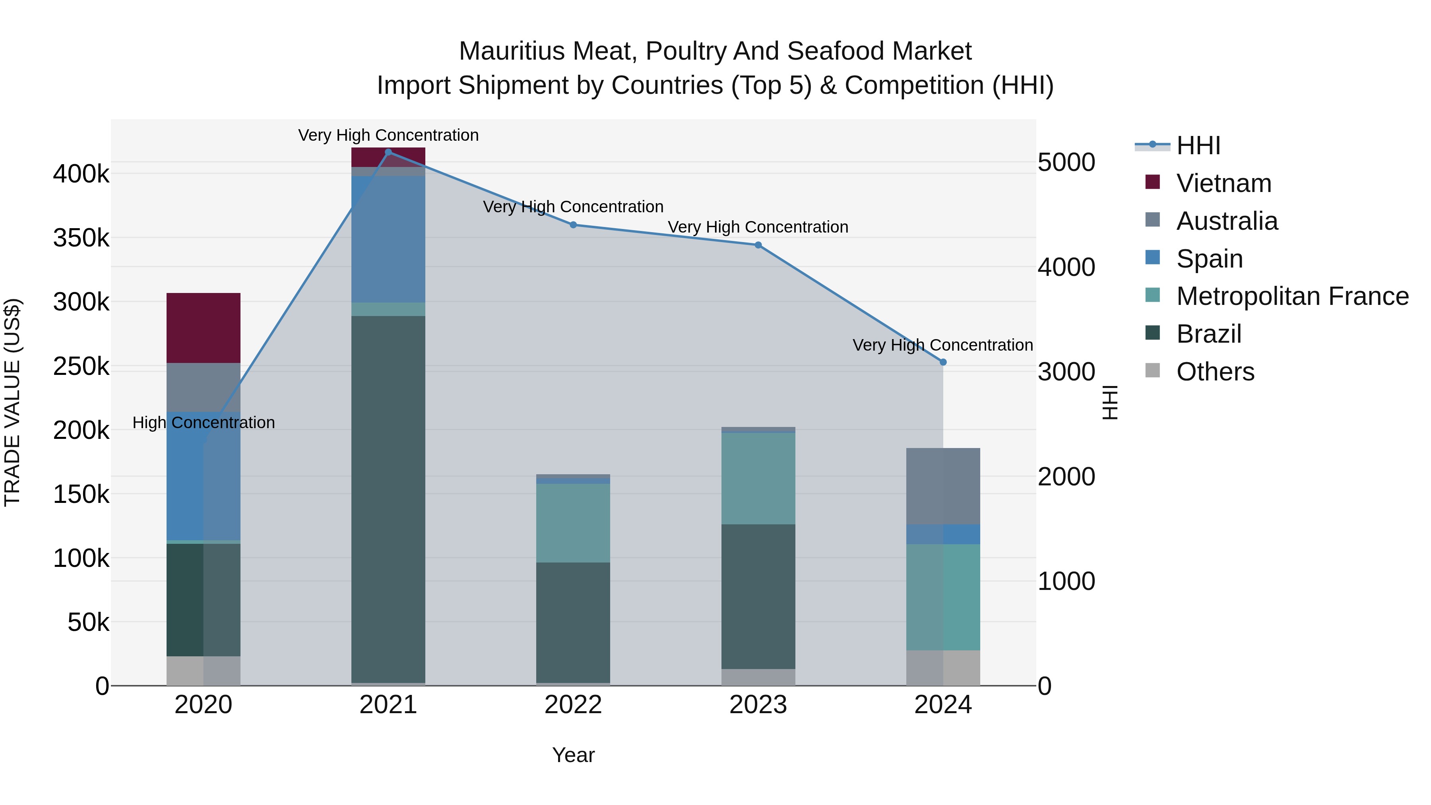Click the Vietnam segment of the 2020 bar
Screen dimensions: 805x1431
pos(203,328)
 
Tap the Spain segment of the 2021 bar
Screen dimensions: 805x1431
pos(388,239)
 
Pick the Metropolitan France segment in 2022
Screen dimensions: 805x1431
pos(573,523)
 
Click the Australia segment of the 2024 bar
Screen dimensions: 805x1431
pos(943,486)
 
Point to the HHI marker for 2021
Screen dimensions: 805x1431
pos(388,152)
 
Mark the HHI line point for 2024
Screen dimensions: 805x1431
pos(943,362)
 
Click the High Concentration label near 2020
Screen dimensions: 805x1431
pos(203,423)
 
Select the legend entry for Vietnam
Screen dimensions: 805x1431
pos(1223,183)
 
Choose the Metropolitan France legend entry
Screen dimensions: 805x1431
pos(1292,296)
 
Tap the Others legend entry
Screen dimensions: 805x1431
pos(1215,372)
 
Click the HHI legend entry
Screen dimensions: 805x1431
pos(1198,145)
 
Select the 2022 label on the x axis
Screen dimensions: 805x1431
pos(573,705)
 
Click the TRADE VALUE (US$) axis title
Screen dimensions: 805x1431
pos(13,402)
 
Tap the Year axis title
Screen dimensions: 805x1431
pos(573,755)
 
